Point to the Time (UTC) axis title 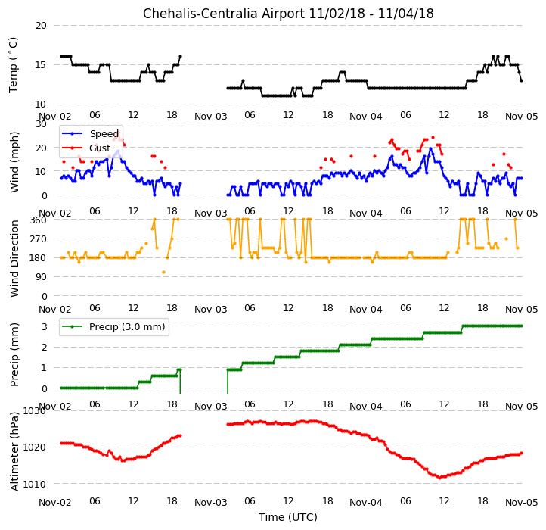coord(288,517)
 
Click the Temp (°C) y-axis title coord(13,65)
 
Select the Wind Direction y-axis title coord(14,258)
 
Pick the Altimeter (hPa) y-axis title coord(14,451)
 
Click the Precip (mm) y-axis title coord(14,354)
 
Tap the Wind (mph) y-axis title coord(14,162)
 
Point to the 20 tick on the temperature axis coord(41,26)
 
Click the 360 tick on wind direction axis coord(39,220)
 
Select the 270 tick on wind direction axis coord(39,239)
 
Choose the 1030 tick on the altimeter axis coord(35,411)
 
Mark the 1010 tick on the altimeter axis coord(35,484)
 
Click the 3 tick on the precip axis coord(44,327)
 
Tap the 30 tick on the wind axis coord(41,123)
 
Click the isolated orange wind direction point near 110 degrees coord(163,273)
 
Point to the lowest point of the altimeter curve coord(440,478)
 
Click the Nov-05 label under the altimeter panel coord(521,503)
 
